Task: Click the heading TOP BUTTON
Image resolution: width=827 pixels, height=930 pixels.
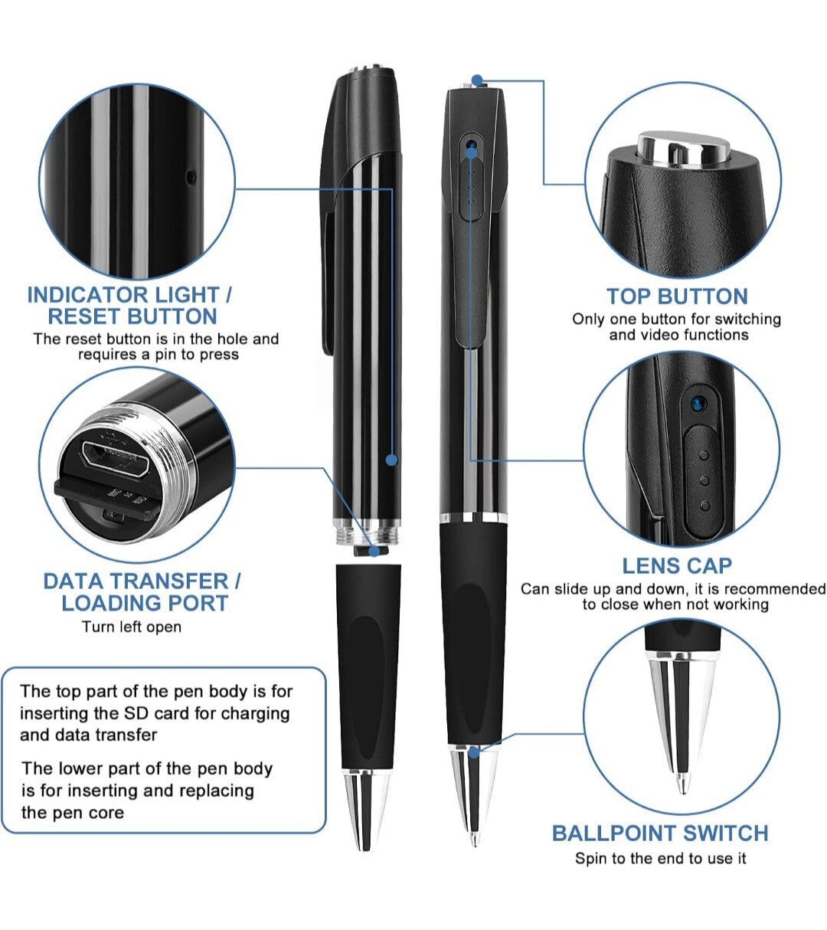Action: tap(677, 296)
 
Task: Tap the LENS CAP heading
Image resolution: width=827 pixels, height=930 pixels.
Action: tap(677, 566)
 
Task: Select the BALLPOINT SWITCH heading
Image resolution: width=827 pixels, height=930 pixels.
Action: tap(660, 833)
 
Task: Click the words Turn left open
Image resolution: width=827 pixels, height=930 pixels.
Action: tap(132, 627)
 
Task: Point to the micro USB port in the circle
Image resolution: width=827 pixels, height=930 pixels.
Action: tap(115, 458)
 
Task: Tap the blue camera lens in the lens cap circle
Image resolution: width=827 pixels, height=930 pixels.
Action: tap(697, 404)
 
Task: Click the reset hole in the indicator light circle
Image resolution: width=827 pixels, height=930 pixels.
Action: tap(191, 175)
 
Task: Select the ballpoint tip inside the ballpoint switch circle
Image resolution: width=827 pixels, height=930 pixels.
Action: tap(682, 781)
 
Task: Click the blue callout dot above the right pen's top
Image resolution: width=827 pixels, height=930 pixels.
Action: tap(477, 80)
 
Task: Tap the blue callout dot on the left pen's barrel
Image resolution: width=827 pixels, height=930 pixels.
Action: tap(391, 460)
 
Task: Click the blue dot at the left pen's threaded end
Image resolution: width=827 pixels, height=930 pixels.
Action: tap(375, 552)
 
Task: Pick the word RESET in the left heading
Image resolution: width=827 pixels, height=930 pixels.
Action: tap(85, 316)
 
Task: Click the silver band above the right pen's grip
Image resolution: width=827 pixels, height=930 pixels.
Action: tap(474, 519)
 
